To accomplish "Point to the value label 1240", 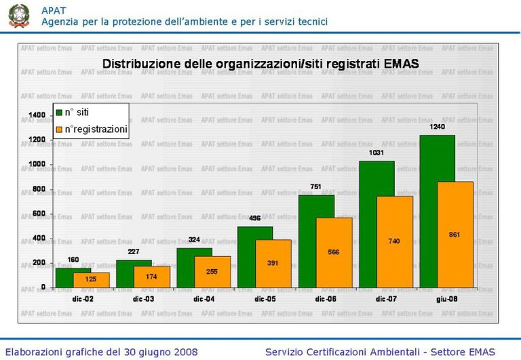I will pos(437,127).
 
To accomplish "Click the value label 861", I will pos(455,235).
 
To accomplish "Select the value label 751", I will pos(315,186).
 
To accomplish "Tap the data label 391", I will pos(273,263).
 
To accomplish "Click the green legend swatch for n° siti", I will pos(59,112).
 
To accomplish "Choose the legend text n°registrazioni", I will pos(96,129).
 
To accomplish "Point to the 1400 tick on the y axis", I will pos(37,115).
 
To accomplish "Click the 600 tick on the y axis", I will pos(39,214).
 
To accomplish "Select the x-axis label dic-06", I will pos(326,298).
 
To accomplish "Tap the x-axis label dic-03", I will pos(144,298).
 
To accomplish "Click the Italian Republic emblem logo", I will pos(19,16).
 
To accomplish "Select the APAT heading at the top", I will pos(54,10).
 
